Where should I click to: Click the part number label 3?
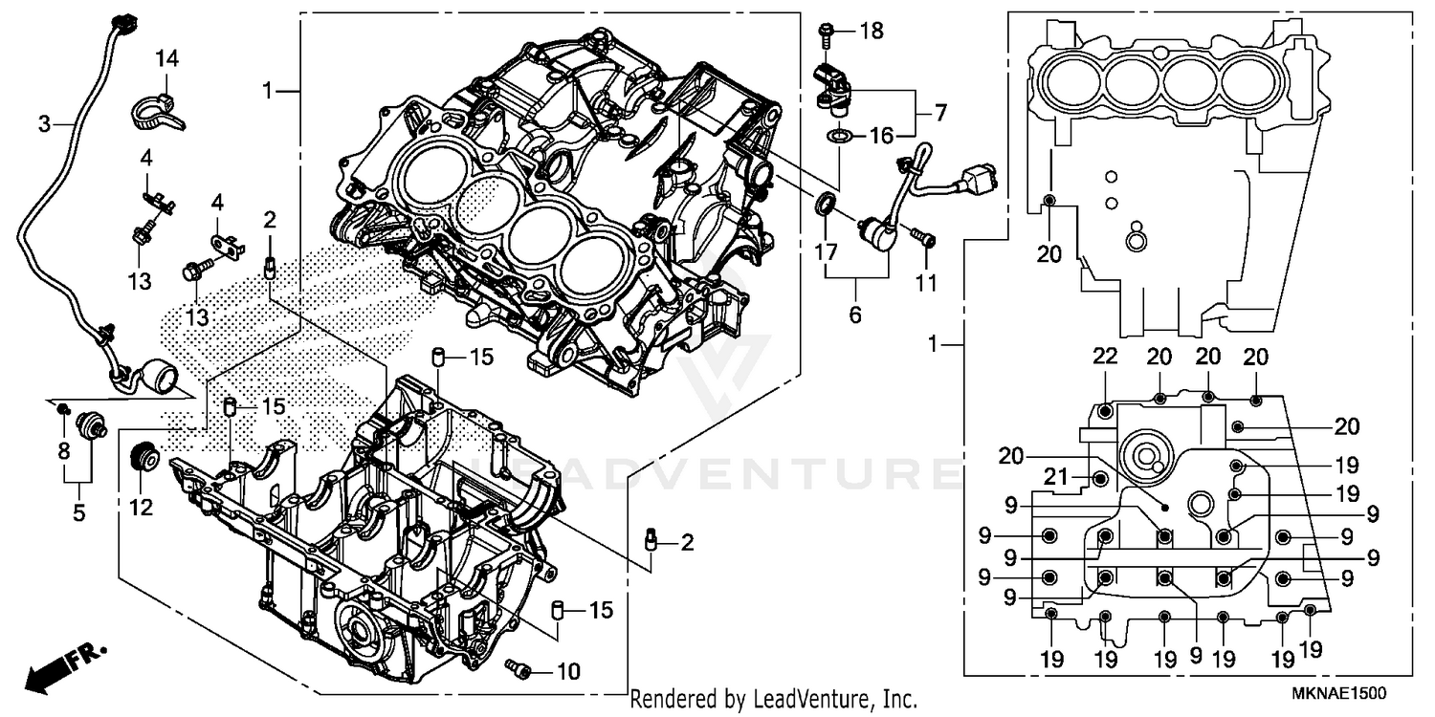click(x=44, y=123)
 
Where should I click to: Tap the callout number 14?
click(x=166, y=59)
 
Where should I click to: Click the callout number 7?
click(x=939, y=113)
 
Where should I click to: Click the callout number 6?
click(x=854, y=314)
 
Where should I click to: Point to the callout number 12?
click(x=141, y=509)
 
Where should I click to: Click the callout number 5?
click(x=78, y=512)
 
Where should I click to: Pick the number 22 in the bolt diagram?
click(x=1105, y=357)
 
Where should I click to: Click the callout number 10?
click(x=567, y=672)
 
